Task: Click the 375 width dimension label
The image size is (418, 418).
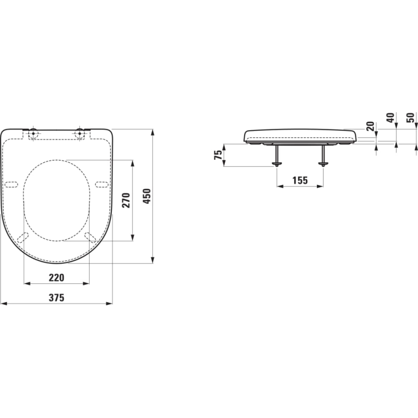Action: pyautogui.click(x=56, y=298)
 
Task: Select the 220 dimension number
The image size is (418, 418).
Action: pyautogui.click(x=56, y=277)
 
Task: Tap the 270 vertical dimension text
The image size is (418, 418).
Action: pyautogui.click(x=126, y=200)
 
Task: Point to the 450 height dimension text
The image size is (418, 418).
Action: pyautogui.click(x=147, y=196)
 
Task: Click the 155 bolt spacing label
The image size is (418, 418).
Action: pyautogui.click(x=299, y=180)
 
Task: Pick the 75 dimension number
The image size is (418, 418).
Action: pyautogui.click(x=218, y=155)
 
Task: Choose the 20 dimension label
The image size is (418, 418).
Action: pyautogui.click(x=370, y=126)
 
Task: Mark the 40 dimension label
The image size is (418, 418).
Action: pyautogui.click(x=390, y=118)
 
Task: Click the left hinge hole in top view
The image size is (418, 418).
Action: pyautogui.click(x=33, y=133)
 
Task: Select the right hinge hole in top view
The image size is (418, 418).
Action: pyautogui.click(x=80, y=133)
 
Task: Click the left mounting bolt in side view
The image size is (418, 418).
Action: pyautogui.click(x=276, y=156)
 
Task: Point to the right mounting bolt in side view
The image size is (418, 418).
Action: pyautogui.click(x=323, y=156)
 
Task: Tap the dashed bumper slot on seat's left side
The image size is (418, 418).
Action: pyautogui.click(x=11, y=183)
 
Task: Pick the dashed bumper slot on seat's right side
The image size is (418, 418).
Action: pyautogui.click(x=102, y=183)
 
